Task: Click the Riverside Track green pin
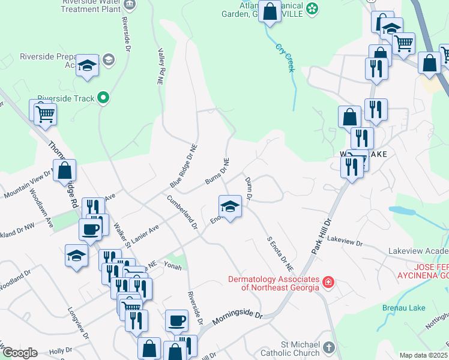pyautogui.click(x=103, y=98)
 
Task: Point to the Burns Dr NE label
pyautogui.click(x=217, y=172)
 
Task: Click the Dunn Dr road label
pyautogui.click(x=248, y=188)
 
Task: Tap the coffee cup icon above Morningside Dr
pyautogui.click(x=176, y=321)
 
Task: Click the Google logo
pyautogui.click(x=19, y=353)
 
